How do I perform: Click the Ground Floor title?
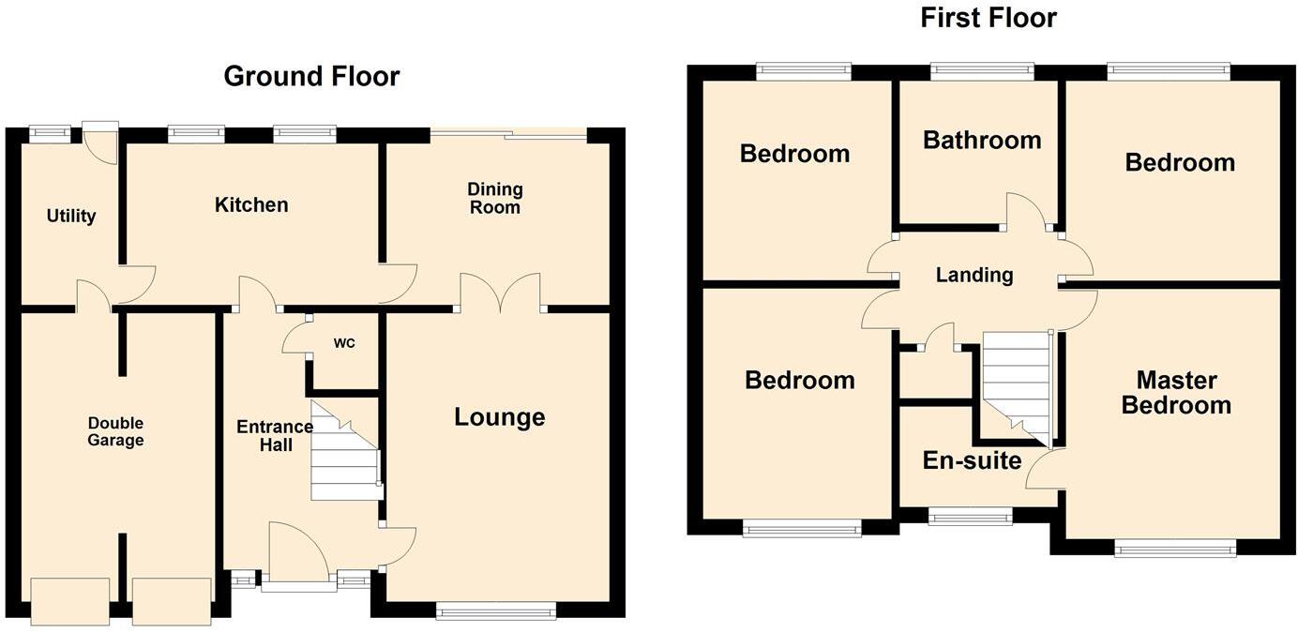(x=311, y=76)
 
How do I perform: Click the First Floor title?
(x=989, y=18)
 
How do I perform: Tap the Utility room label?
(x=71, y=216)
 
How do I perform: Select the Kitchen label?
(x=251, y=204)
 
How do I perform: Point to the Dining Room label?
(x=494, y=198)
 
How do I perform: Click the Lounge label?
(x=499, y=417)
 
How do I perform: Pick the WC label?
(x=344, y=343)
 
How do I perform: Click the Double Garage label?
(x=116, y=431)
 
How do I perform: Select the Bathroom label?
(x=982, y=141)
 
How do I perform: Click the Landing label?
(x=974, y=275)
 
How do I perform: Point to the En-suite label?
(x=972, y=460)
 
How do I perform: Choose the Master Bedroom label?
(x=1176, y=393)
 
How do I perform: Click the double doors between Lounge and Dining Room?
(x=500, y=293)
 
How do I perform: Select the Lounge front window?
(x=496, y=611)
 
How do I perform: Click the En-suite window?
(x=970, y=516)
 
